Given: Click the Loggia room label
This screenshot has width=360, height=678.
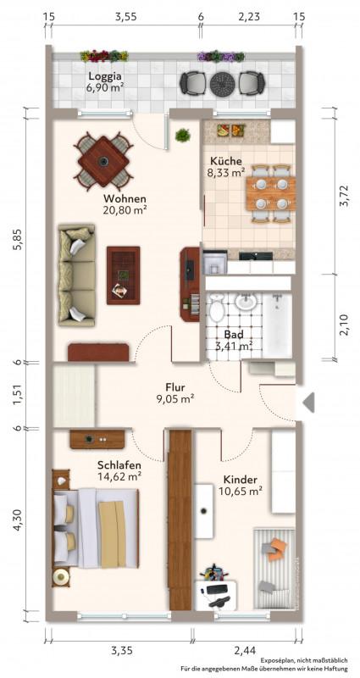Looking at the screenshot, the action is tap(104, 76).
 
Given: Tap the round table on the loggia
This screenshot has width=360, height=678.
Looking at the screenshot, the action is tap(222, 84).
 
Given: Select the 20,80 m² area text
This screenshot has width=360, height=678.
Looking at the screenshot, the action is tap(125, 210).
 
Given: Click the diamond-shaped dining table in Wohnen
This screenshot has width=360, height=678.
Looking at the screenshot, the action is tap(103, 161).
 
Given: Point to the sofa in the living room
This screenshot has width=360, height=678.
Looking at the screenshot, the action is tap(76, 275).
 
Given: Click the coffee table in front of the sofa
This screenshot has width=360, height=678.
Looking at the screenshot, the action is tap(123, 275).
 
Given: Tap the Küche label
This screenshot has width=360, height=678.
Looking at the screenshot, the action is tap(225, 161).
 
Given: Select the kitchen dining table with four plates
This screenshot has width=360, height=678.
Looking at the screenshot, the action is tap(270, 193).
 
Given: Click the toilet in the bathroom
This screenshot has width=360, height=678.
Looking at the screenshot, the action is tap(216, 308).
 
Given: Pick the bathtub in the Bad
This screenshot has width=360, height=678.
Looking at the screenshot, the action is tap(278, 325).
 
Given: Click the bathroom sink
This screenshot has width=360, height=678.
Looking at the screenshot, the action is tap(246, 301).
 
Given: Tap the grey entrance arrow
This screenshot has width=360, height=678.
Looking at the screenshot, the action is tap(308, 403).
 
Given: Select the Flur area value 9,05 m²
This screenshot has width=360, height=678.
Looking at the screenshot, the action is tap(174, 398).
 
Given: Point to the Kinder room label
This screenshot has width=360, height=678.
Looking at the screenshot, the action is tap(241, 480).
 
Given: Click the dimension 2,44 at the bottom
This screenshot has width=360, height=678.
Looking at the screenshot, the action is tap(245, 650).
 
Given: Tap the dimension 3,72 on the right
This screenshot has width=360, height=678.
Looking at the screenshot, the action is tap(345, 196).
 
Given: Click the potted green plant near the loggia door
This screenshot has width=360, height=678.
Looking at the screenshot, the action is tap(183, 135).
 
